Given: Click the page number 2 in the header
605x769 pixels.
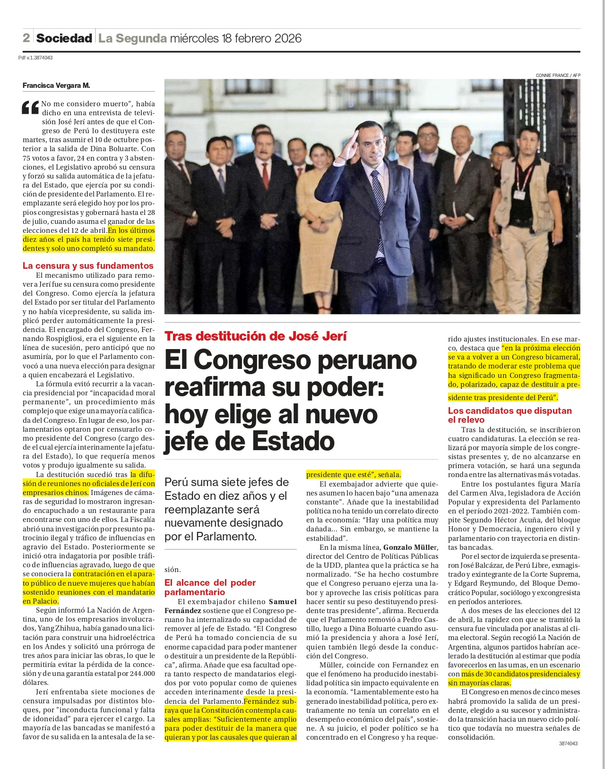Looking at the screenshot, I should pos(26,38).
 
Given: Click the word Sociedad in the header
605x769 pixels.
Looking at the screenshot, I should pos(64,38).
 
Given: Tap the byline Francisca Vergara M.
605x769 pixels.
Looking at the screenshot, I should pos(56,85).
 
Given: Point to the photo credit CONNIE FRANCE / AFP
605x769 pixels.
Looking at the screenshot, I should pos(558,75).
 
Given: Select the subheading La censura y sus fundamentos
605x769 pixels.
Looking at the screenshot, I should pos(88,265).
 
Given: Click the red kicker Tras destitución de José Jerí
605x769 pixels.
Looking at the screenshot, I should pos(256,336).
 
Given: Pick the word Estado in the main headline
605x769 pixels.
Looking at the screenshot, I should pos(293,441).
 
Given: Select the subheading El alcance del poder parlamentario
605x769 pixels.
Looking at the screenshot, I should pos(210,587).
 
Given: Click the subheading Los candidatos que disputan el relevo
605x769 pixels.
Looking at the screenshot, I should pos(510,415).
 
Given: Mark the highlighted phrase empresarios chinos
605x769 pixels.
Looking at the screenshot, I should pos(55,492).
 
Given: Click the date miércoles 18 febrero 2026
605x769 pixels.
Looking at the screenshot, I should pos(235,38).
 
